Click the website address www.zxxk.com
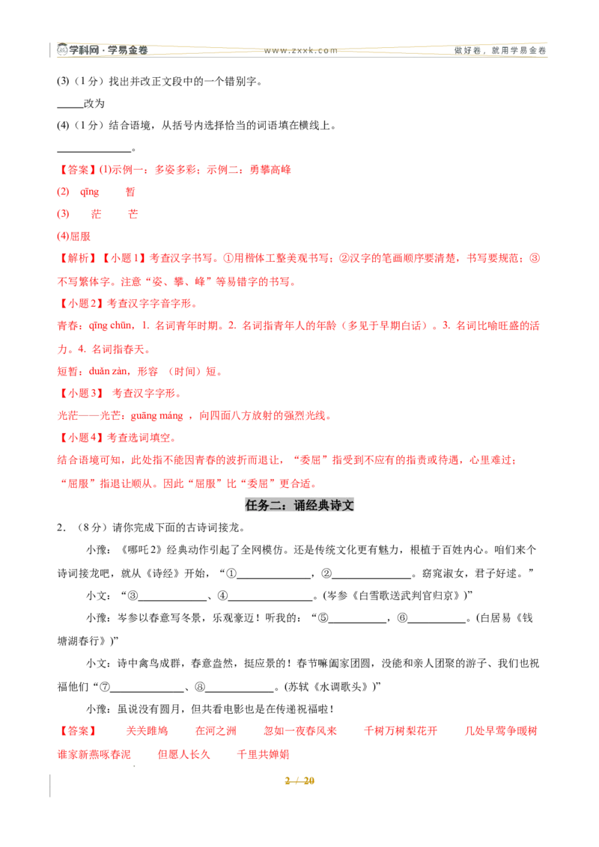tap(300, 51)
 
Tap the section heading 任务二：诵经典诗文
tap(299, 505)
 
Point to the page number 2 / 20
tap(299, 780)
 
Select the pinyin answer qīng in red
tap(89, 192)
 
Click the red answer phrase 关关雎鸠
tap(147, 731)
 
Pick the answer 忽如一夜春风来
tap(300, 731)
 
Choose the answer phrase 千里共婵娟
tap(264, 754)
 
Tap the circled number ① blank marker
tap(231, 573)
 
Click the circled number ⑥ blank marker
tap(402, 618)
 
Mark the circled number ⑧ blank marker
tap(199, 687)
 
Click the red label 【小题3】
tap(81, 394)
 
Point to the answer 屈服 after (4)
tap(80, 236)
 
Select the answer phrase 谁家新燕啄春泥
tap(94, 754)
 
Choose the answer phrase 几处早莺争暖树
tap(501, 731)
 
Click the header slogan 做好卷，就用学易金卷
tap(500, 51)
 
